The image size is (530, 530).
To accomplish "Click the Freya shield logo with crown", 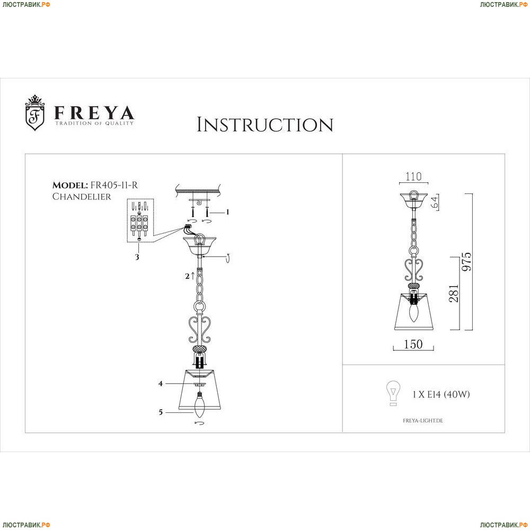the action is (x=35, y=112).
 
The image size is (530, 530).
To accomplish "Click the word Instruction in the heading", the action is (x=265, y=125).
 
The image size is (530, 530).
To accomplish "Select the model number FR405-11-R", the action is (x=113, y=185).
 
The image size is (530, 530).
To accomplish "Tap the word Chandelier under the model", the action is (x=82, y=197).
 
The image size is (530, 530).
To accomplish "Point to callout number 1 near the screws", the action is (x=228, y=212).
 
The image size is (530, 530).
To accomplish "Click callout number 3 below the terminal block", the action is (x=137, y=257).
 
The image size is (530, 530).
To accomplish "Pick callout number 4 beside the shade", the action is (x=161, y=384).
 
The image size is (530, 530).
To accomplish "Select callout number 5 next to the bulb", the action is (x=161, y=412).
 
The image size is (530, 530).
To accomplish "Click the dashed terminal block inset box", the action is (x=140, y=220).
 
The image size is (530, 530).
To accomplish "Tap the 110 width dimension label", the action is (x=413, y=176).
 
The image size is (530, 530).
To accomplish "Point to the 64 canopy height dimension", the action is (x=435, y=202).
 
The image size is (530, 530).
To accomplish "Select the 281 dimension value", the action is (x=454, y=293).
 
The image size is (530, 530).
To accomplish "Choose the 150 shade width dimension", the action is (x=413, y=344).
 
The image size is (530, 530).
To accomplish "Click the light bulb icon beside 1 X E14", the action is (x=393, y=393).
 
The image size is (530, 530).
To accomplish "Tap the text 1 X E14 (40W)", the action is (x=441, y=394).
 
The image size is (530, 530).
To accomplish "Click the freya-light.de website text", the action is (x=423, y=420).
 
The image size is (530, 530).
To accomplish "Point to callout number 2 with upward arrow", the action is (x=190, y=276).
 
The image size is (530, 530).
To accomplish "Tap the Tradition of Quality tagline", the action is (x=94, y=123).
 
